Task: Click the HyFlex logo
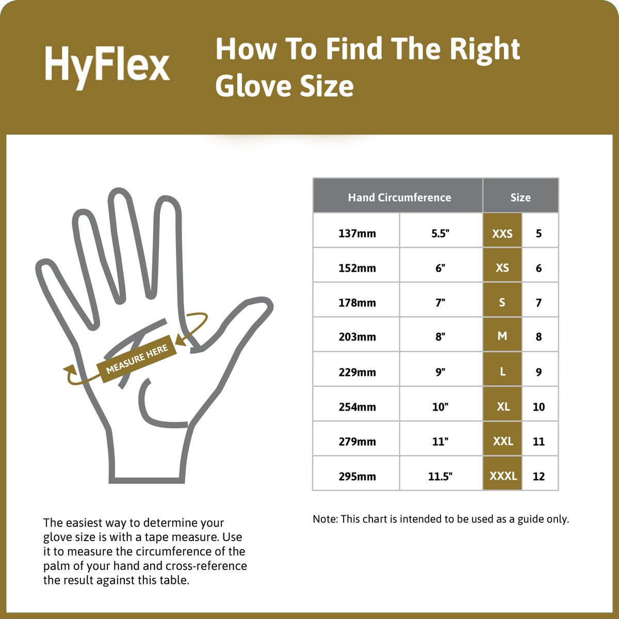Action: (107, 64)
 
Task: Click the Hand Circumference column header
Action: (399, 197)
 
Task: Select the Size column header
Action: (520, 197)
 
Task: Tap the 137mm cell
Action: (357, 233)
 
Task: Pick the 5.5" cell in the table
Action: (440, 233)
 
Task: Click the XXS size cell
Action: (502, 233)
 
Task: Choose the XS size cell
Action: (502, 268)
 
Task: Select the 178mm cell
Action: (357, 302)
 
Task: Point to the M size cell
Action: (502, 336)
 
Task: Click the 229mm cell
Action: (357, 372)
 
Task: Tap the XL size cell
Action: (503, 406)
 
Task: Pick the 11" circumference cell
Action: (440, 441)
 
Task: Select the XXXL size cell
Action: (503, 476)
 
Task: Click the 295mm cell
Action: (357, 476)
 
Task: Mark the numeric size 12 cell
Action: (539, 476)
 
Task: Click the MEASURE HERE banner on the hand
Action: (137, 359)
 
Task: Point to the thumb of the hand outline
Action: (242, 330)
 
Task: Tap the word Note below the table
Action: (325, 519)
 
